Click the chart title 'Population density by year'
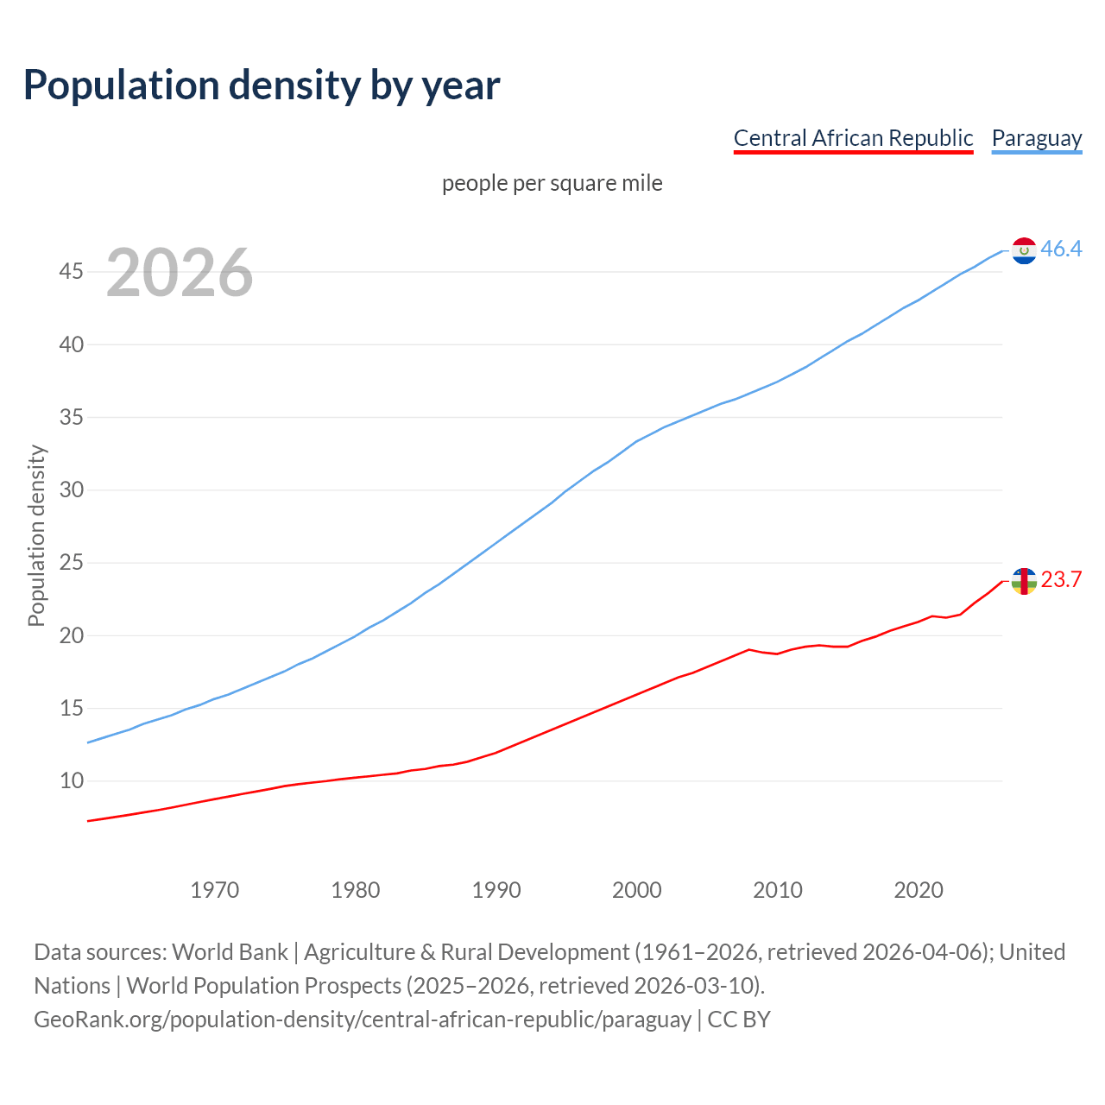point(262,85)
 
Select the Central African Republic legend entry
point(853,138)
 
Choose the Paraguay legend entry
point(1036,138)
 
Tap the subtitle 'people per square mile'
point(552,183)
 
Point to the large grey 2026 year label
point(180,273)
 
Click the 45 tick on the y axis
point(71,272)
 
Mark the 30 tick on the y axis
point(71,490)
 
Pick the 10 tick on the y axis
point(71,781)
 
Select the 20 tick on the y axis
point(71,635)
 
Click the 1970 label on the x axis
point(214,890)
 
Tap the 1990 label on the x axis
point(496,890)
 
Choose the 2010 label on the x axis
point(777,890)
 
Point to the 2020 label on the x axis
point(918,890)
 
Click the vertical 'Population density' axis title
point(36,535)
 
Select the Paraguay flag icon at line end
point(1024,250)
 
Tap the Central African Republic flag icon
point(1024,581)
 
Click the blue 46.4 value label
point(1061,249)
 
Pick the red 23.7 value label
point(1061,580)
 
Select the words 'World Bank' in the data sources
point(230,952)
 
